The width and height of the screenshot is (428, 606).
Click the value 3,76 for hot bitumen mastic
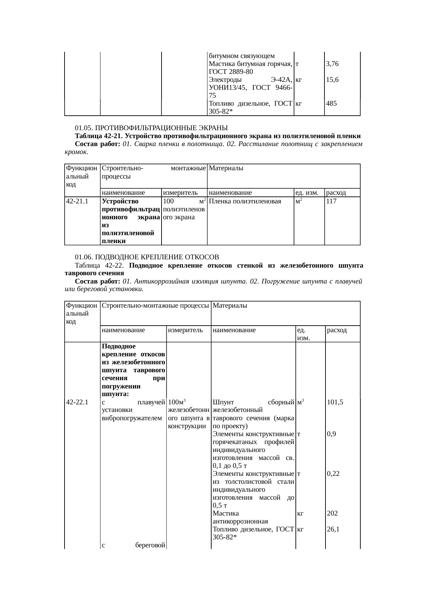(332, 64)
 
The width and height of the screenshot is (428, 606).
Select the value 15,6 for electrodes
(332, 79)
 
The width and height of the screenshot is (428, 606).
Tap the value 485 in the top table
(332, 103)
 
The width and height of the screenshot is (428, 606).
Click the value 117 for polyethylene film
(331, 201)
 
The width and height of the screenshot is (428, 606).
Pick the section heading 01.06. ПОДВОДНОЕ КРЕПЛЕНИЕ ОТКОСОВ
(147, 257)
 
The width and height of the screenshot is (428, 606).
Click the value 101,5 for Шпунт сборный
(335, 402)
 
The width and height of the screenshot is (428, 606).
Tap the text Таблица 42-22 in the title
(98, 265)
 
